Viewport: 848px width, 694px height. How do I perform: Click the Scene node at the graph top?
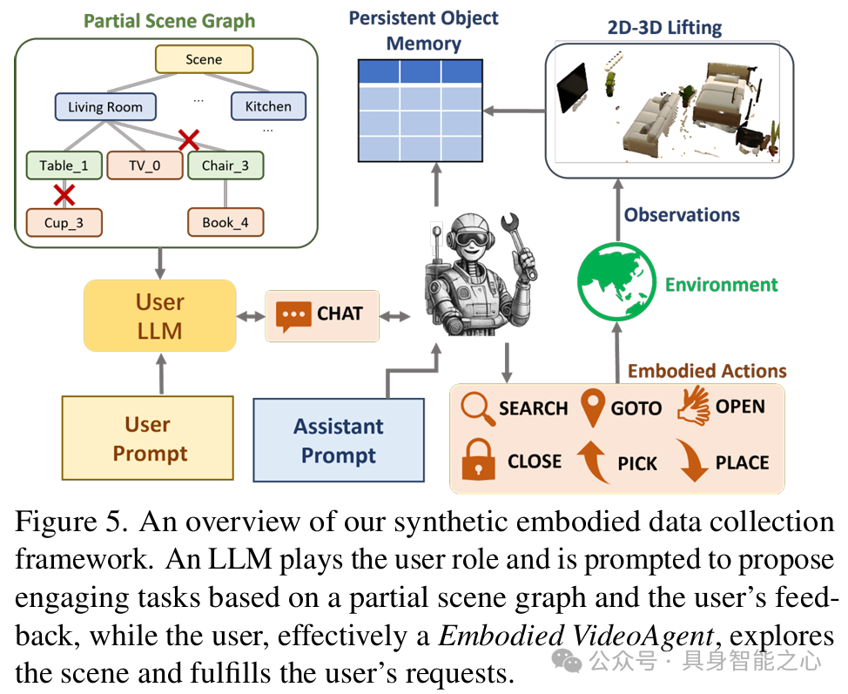pos(204,59)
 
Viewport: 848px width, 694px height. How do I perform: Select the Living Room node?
pos(105,107)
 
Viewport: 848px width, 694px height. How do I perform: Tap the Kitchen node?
pos(268,106)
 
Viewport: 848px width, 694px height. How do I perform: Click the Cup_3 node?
pos(64,222)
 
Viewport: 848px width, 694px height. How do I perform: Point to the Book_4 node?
pos(225,222)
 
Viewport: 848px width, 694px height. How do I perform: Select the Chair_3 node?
pos(225,165)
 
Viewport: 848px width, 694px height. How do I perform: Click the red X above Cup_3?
pos(64,193)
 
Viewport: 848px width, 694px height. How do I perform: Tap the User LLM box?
pos(160,315)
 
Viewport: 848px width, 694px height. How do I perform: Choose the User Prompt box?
pos(148,438)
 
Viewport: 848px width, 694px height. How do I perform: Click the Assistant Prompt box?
pos(338,440)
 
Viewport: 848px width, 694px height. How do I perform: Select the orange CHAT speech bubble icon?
pos(293,314)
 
